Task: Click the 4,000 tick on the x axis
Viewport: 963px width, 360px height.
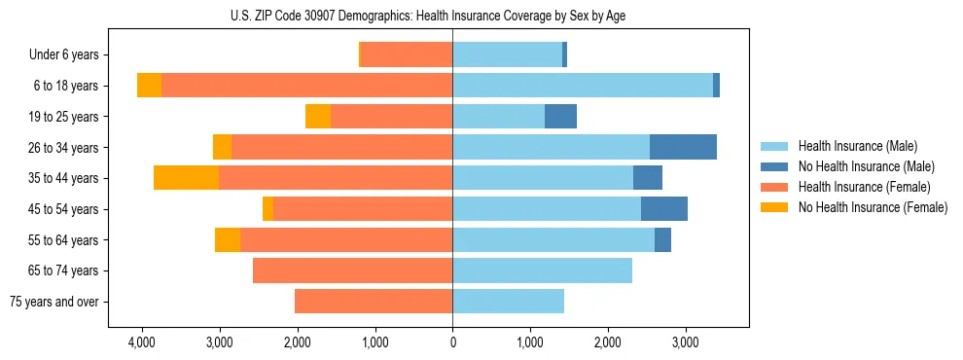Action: tap(142, 343)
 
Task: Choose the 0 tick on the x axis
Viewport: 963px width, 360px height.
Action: tap(452, 343)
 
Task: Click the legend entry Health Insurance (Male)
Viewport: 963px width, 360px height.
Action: tap(858, 146)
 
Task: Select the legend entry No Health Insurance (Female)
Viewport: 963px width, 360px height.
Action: tap(873, 207)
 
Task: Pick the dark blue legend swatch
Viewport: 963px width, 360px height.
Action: tap(775, 166)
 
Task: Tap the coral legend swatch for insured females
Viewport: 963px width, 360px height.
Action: tap(775, 187)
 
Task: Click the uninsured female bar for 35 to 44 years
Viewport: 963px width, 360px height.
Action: tap(186, 178)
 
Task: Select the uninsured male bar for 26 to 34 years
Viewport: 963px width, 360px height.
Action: tap(683, 147)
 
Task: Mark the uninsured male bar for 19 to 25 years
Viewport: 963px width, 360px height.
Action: tap(560, 117)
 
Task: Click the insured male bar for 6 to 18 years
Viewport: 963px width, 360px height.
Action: tap(583, 86)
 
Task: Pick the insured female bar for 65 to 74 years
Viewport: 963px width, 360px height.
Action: tap(352, 270)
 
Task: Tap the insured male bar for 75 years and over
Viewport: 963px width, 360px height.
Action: tap(508, 302)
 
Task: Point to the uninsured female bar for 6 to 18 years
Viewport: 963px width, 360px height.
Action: tap(149, 86)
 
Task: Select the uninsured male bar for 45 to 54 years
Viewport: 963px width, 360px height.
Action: tap(664, 209)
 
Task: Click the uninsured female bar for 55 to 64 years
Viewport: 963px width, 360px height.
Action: tap(228, 239)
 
